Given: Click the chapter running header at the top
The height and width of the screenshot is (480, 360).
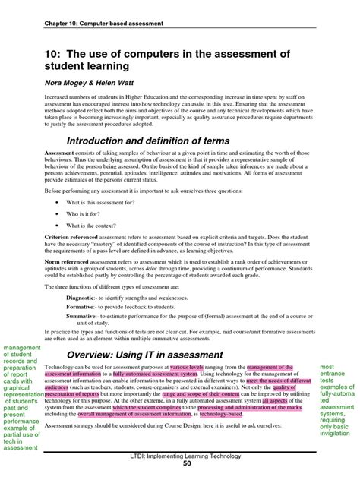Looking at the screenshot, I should coord(103,23).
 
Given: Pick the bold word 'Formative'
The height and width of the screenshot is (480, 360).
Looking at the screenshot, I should coord(80,307).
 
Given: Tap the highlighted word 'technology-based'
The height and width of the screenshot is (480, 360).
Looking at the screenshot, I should coord(220,415).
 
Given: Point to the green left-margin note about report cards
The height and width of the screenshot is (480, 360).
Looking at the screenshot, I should coord(23,394).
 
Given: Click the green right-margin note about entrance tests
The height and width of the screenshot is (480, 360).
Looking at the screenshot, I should coord(336,394).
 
